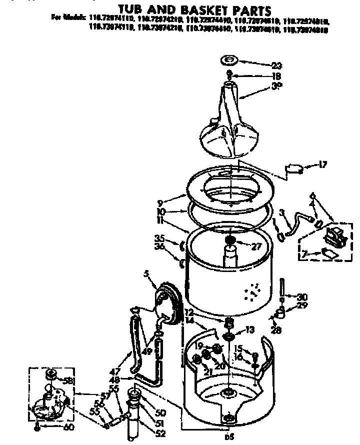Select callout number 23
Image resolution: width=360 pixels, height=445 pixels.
click(x=276, y=65)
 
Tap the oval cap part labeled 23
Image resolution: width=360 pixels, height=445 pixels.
click(x=230, y=61)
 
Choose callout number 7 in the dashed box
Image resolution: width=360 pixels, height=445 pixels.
click(x=303, y=254)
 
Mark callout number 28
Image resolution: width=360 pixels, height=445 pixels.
click(x=275, y=330)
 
